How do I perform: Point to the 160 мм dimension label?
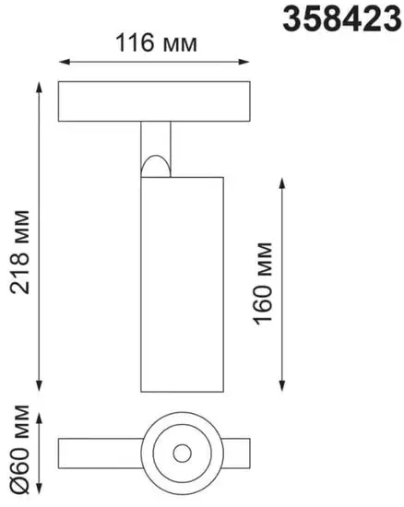click(x=265, y=279)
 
